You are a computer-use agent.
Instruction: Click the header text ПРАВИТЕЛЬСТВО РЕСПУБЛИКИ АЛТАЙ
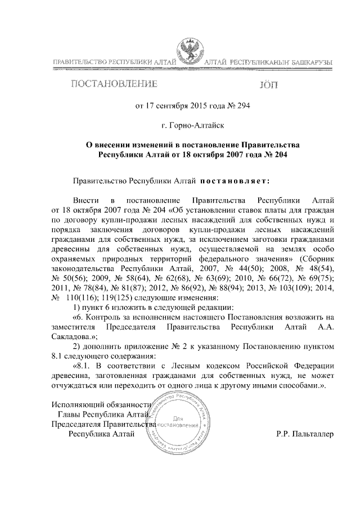[114, 61]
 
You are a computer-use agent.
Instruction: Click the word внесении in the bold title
[116, 145]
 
